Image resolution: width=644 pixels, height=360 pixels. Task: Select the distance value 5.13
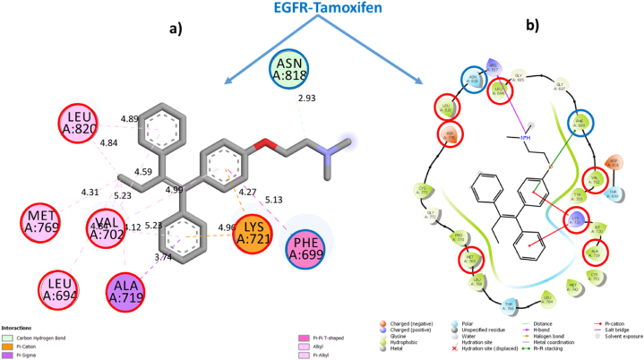[x=297, y=200]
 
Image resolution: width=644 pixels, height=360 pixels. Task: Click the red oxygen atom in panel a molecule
[x=256, y=141]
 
